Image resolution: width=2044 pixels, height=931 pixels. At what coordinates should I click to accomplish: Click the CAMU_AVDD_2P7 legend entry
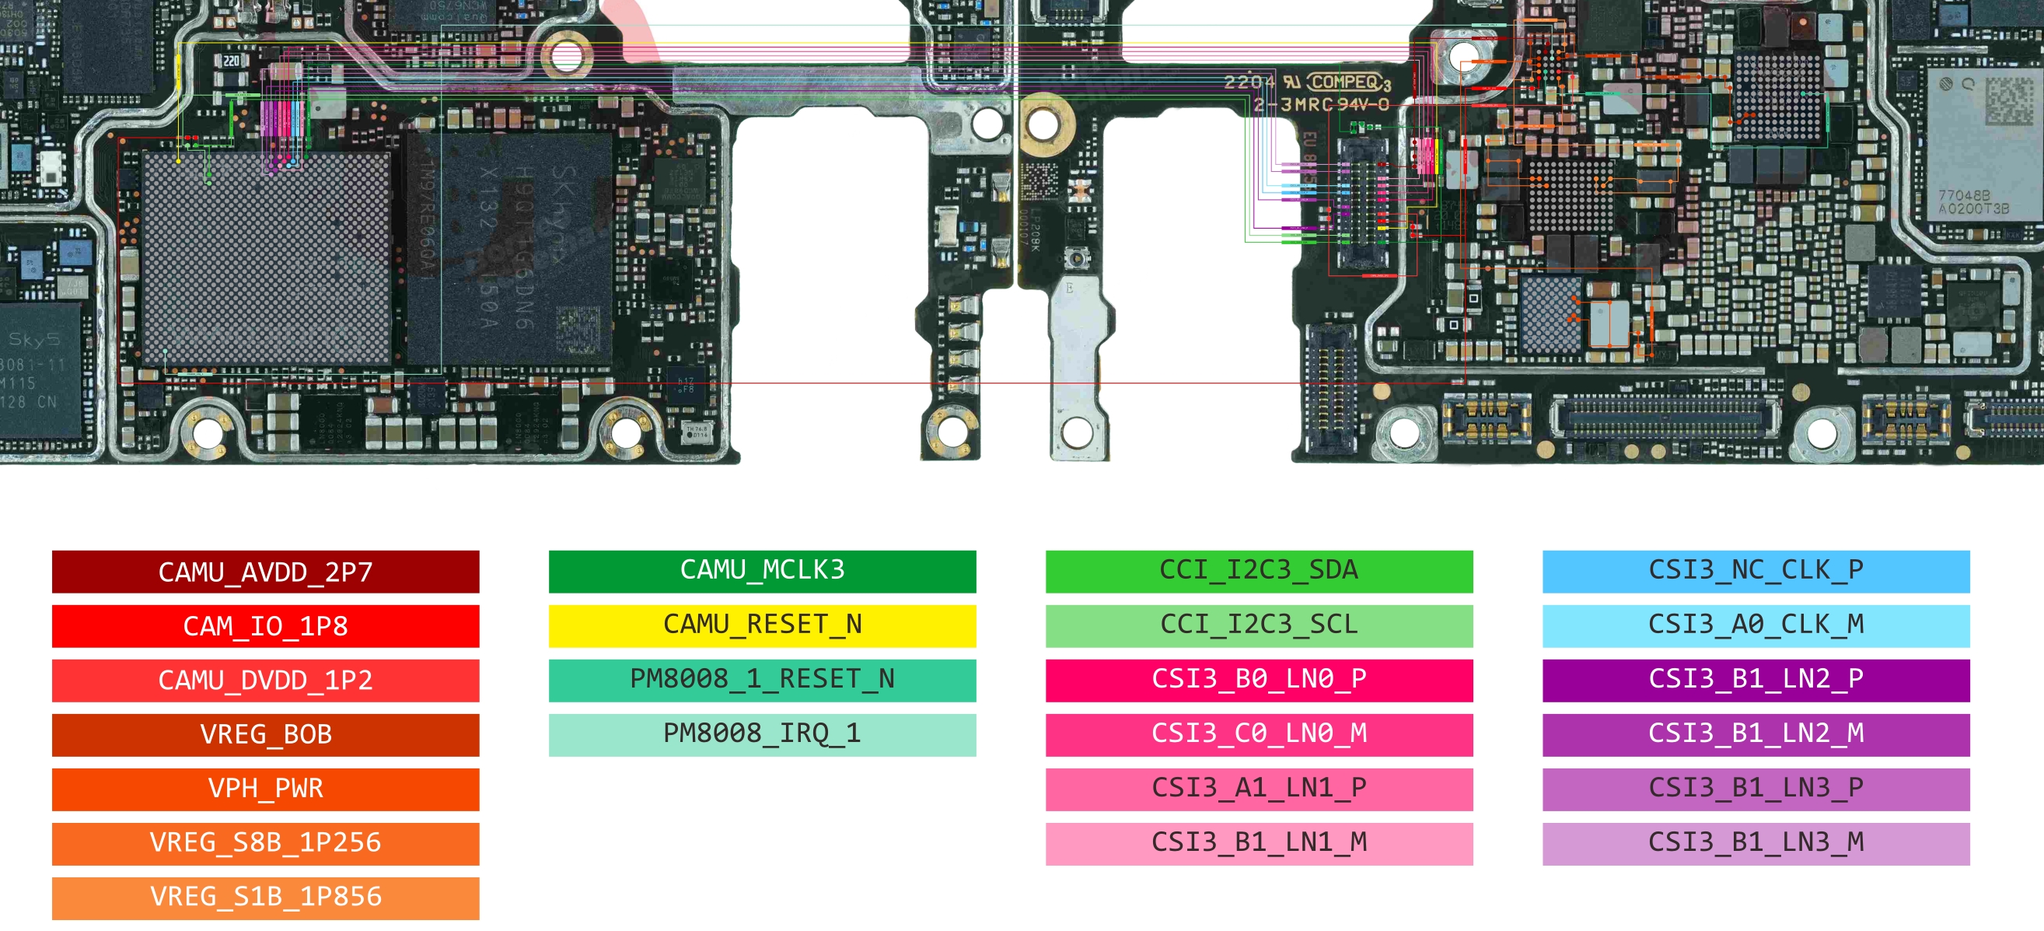(x=265, y=572)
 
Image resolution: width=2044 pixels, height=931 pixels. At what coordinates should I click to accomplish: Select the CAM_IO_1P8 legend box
(x=265, y=625)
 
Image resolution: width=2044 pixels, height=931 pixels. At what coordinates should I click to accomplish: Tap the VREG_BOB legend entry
(x=265, y=734)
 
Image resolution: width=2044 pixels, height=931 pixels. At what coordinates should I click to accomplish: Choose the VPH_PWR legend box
(x=265, y=788)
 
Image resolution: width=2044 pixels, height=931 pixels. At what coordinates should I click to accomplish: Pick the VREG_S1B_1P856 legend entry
(x=265, y=897)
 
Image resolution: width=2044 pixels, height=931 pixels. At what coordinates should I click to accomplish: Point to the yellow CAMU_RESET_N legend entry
(x=762, y=625)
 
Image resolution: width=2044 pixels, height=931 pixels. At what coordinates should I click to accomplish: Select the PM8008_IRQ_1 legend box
(x=762, y=734)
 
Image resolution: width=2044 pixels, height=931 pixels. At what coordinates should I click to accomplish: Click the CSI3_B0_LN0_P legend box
(x=1259, y=681)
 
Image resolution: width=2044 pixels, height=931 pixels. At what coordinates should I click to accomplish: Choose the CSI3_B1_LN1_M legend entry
(x=1259, y=843)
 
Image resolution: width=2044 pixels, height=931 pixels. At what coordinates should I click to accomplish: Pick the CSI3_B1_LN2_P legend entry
(x=1756, y=681)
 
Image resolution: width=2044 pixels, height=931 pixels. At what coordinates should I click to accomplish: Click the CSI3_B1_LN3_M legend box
(x=1756, y=843)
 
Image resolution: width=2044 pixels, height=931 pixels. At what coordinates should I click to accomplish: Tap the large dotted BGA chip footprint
(x=267, y=258)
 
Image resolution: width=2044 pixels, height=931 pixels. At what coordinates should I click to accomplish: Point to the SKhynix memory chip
(x=508, y=246)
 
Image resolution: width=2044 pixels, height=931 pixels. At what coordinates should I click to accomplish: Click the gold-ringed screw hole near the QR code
(x=1043, y=124)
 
